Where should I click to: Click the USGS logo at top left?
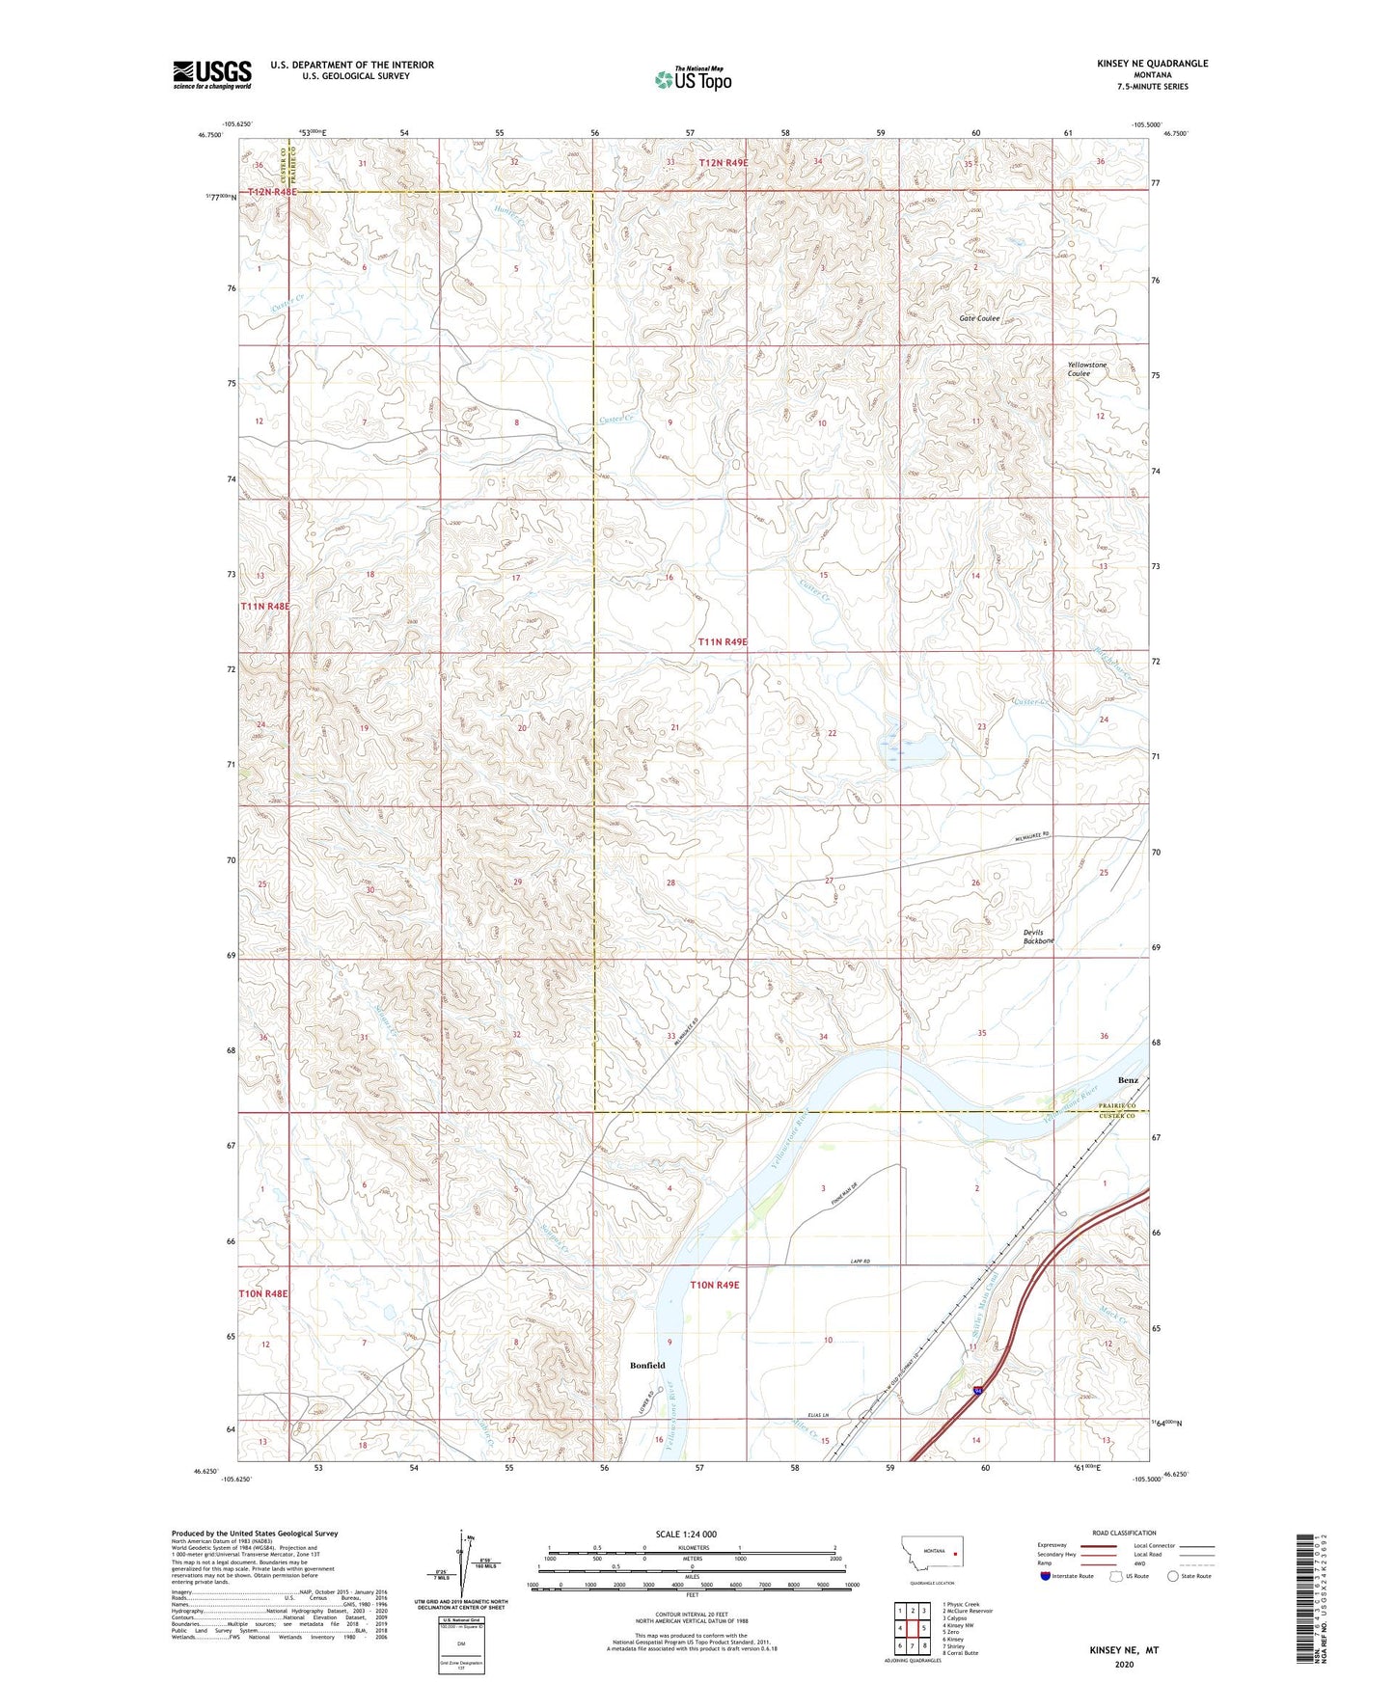[211, 74]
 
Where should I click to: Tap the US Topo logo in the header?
[694, 79]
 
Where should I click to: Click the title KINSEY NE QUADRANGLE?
[1152, 64]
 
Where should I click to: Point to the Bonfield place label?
[647, 1365]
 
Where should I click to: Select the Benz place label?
[1128, 1079]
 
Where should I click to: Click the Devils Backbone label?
[1038, 937]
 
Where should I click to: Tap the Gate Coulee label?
[979, 318]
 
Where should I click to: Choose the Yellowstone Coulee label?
[1086, 369]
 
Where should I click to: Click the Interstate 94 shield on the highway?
[978, 1390]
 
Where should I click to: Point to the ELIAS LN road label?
[818, 1415]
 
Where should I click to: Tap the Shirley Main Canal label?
[985, 1301]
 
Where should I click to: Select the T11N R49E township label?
[723, 641]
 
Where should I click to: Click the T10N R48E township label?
[264, 1293]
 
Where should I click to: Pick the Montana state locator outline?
[931, 1559]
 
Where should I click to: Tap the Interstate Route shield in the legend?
[1046, 1576]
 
